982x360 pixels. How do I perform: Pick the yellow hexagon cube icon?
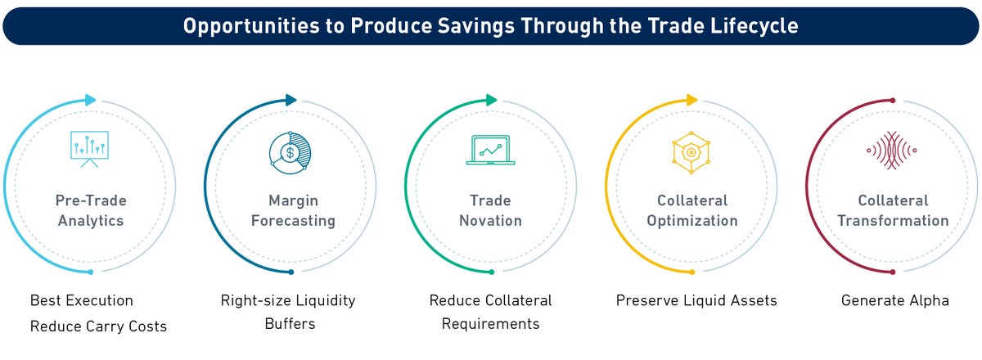(x=691, y=151)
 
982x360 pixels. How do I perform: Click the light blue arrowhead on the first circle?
(x=90, y=100)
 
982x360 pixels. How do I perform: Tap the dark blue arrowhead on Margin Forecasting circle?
(x=291, y=100)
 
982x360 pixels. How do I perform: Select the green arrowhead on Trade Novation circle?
(x=491, y=100)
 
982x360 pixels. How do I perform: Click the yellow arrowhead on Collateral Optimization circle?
(x=691, y=100)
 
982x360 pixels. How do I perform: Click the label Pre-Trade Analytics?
(x=91, y=210)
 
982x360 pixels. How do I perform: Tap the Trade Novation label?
(x=490, y=210)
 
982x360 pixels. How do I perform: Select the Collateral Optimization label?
(x=691, y=210)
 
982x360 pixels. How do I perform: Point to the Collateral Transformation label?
(x=892, y=210)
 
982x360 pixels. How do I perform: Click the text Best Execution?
(x=81, y=300)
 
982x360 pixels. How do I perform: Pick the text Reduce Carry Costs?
(x=98, y=326)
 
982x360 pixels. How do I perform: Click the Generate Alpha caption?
(x=894, y=300)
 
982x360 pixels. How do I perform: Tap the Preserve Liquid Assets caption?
(x=696, y=300)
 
